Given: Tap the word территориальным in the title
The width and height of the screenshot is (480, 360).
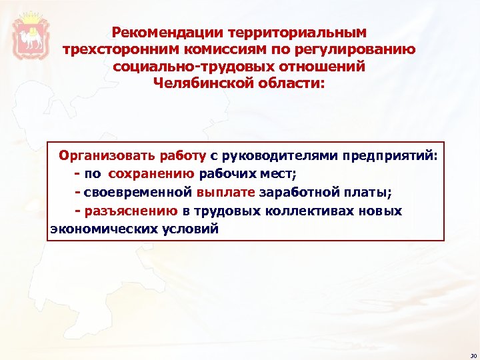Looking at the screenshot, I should (x=297, y=33).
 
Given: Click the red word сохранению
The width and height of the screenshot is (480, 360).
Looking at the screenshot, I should (x=151, y=175).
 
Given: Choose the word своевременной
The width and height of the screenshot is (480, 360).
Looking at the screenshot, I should (x=138, y=193).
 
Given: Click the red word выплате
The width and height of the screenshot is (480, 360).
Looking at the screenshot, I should (x=226, y=193).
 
